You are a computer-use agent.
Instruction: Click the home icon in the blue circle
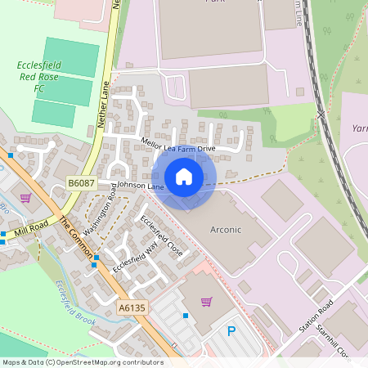click(x=184, y=177)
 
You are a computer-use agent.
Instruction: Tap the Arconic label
click(x=227, y=230)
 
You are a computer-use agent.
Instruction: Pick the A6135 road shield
click(x=131, y=308)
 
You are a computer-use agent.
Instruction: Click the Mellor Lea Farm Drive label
click(x=178, y=148)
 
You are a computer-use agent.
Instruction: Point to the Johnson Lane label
click(x=141, y=186)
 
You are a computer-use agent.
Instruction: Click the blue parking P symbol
click(x=231, y=333)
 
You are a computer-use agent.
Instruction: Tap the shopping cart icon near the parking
click(x=206, y=302)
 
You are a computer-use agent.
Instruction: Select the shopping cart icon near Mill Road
click(x=25, y=197)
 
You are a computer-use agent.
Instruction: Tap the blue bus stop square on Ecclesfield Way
click(x=96, y=258)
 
